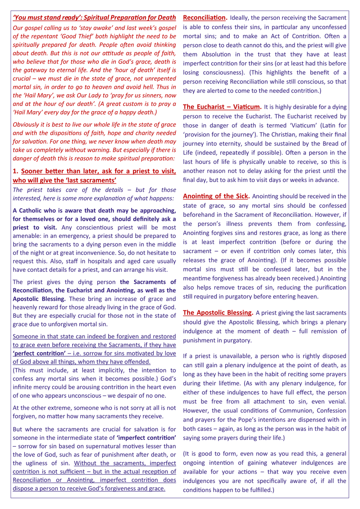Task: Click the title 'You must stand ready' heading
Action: tap(94, 17)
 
